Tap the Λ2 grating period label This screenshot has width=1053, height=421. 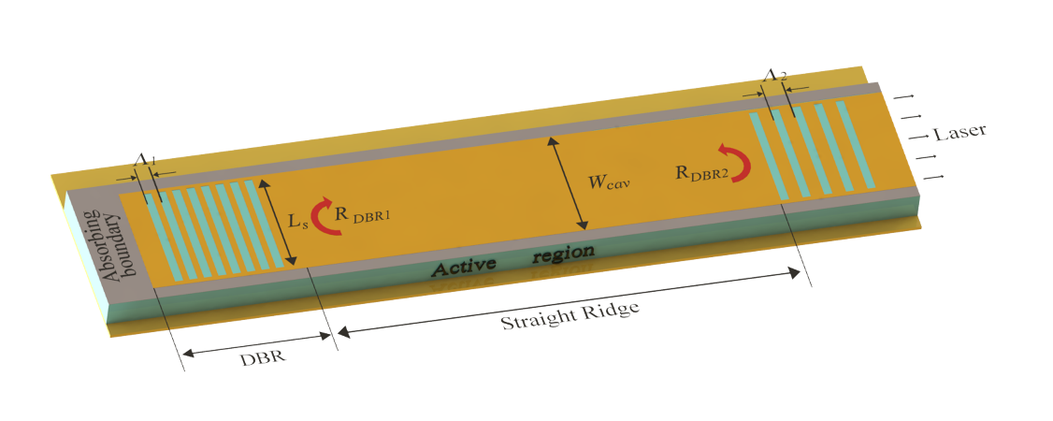(774, 76)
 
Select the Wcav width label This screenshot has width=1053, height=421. (613, 181)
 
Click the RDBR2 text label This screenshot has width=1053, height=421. (704, 172)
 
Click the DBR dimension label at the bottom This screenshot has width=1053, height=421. (263, 356)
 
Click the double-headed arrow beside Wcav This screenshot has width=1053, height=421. (569, 182)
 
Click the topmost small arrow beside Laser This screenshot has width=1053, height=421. (903, 97)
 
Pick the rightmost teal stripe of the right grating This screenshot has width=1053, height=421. (856, 144)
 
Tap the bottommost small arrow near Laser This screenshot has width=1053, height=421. (934, 177)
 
